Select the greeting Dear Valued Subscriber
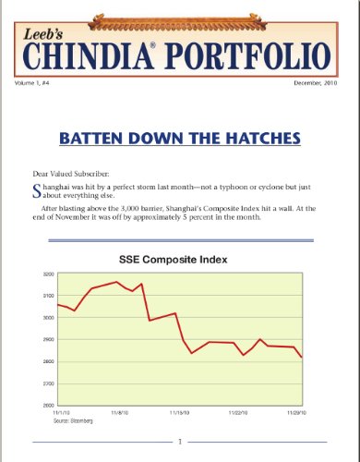coord(78,174)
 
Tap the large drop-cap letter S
coord(36,193)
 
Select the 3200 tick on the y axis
coord(46,274)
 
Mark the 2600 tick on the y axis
coord(46,405)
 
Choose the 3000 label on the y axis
coord(46,318)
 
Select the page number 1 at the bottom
coord(180,443)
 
